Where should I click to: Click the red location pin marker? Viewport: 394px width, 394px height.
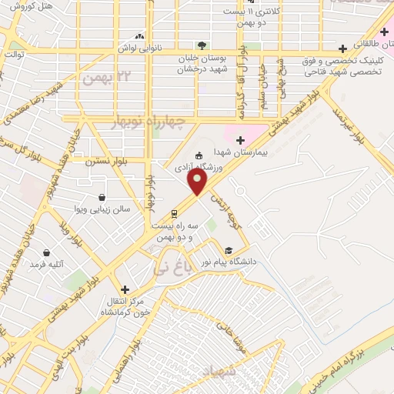click(198, 182)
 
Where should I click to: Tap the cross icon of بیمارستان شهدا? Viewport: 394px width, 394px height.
click(240, 140)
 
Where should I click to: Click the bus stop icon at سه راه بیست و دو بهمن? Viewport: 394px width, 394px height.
click(175, 213)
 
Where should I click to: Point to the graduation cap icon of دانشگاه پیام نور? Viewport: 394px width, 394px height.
click(228, 250)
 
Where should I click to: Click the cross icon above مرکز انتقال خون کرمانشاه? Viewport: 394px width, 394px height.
click(125, 289)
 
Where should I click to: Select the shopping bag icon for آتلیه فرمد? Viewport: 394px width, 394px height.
click(46, 252)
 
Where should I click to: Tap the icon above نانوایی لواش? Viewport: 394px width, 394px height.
click(139, 35)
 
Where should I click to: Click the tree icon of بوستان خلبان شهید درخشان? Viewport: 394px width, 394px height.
click(202, 45)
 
